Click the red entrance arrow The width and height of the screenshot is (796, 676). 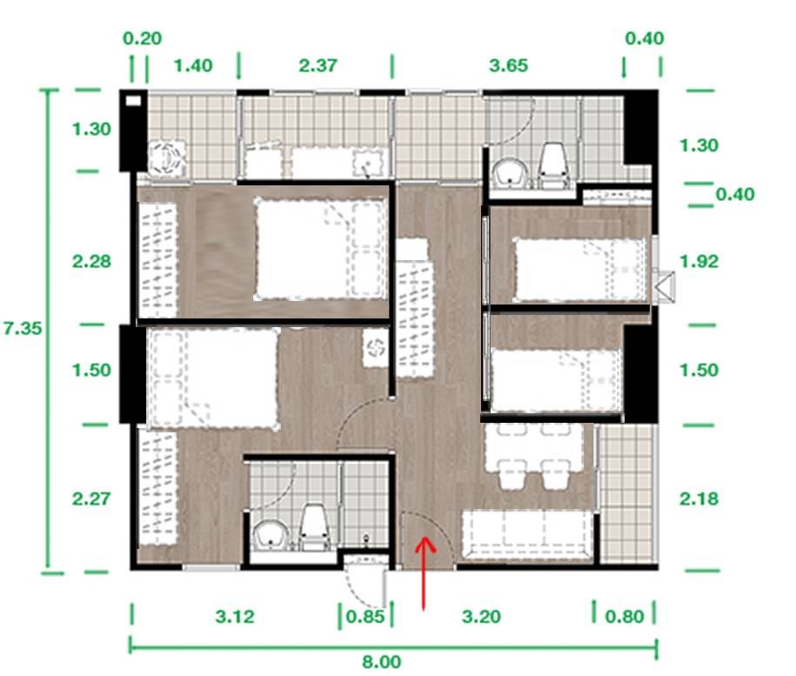coord(424,572)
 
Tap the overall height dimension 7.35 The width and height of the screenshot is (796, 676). coord(23,328)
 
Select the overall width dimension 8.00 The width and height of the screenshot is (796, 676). coord(381,662)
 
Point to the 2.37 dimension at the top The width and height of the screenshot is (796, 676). coord(318,65)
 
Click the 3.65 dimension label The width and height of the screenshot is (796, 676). coord(508,65)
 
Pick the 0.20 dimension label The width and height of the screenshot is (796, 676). coord(142,38)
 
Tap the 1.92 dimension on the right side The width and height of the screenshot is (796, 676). coord(699,261)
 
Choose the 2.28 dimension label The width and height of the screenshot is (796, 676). coord(91,261)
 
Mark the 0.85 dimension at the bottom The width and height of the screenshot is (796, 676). coord(365,617)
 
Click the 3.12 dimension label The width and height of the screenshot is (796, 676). coord(235,617)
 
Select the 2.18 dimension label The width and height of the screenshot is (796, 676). coord(699,499)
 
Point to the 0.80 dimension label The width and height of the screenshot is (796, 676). coord(625,617)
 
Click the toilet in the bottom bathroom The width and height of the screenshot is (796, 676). coord(315,528)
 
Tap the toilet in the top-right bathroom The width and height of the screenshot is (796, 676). coord(553,165)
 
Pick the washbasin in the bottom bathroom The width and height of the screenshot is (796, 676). coord(271,536)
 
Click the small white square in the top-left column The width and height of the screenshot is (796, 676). coord(133,101)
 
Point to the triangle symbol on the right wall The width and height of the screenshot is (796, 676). coord(664,287)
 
